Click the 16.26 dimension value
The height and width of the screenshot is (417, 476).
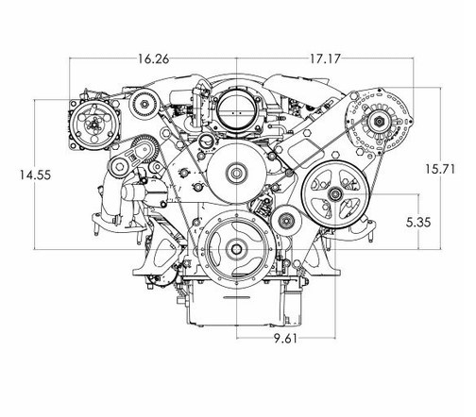153,59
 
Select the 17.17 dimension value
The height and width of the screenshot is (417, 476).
325,59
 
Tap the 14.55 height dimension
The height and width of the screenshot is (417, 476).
35,175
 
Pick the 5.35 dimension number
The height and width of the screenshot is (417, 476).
418,223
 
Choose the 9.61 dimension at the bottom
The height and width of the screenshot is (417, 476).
285,339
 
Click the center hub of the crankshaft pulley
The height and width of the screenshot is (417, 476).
236,249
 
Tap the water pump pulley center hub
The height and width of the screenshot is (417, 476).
236,173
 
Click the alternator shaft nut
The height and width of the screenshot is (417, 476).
379,121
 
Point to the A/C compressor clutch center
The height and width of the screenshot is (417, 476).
94,125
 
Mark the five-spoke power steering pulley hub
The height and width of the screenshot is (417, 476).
334,194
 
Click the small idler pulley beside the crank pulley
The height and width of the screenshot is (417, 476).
286,221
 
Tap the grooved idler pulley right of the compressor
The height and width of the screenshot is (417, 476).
144,104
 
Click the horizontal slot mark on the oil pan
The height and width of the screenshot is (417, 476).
236,297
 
